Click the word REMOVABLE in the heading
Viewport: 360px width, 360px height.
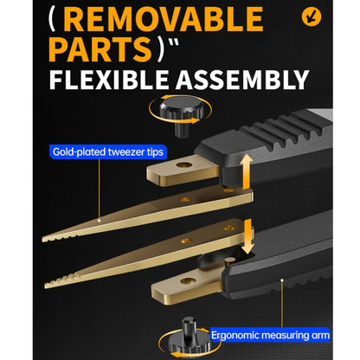163,19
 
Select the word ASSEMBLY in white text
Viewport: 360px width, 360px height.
242,80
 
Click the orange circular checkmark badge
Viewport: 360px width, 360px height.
312,16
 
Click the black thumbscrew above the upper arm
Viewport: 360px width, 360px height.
182,115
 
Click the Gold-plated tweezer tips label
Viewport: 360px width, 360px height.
108,151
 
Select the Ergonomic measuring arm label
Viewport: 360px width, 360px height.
270,335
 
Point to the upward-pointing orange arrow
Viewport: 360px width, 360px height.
247,171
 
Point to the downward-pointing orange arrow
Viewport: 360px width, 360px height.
247,236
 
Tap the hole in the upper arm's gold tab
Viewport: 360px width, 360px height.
184,165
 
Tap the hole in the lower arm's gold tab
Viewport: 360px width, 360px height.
188,280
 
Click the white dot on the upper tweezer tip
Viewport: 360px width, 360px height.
99,221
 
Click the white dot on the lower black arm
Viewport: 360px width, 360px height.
282,280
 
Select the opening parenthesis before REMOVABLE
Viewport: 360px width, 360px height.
52,19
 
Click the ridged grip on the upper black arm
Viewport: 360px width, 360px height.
286,130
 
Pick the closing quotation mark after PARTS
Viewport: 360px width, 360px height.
172,43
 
